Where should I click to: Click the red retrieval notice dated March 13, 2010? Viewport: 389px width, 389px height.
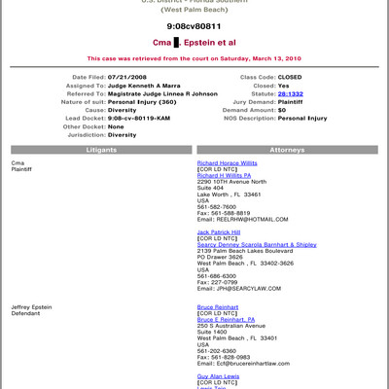click(194, 57)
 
